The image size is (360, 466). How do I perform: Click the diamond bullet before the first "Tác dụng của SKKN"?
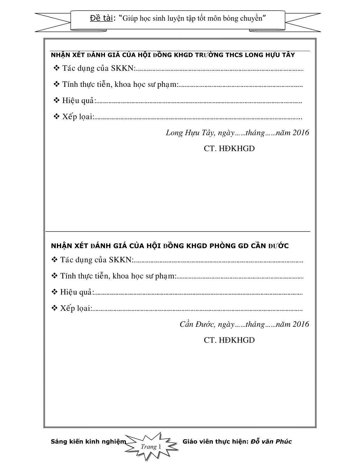(x=56, y=68)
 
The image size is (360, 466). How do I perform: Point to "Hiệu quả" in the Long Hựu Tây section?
(x=79, y=100)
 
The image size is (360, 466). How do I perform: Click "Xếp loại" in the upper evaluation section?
(x=78, y=117)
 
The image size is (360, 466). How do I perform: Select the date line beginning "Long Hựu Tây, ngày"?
(x=237, y=133)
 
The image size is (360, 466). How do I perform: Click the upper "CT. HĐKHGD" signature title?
(x=229, y=149)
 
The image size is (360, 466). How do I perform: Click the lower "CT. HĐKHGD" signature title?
(x=229, y=340)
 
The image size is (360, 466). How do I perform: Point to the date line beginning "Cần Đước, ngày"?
(x=244, y=324)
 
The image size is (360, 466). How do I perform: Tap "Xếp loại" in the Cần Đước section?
(x=76, y=308)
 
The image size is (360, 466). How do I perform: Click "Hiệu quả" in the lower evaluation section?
(x=77, y=292)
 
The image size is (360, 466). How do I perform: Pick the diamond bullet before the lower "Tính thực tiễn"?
(x=54, y=276)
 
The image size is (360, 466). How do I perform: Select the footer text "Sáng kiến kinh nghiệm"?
(x=88, y=441)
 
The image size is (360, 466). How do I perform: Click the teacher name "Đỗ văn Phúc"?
(x=271, y=441)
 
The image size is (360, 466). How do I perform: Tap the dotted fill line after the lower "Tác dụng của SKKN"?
(x=218, y=261)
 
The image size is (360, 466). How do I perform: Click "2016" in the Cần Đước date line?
(x=301, y=324)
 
